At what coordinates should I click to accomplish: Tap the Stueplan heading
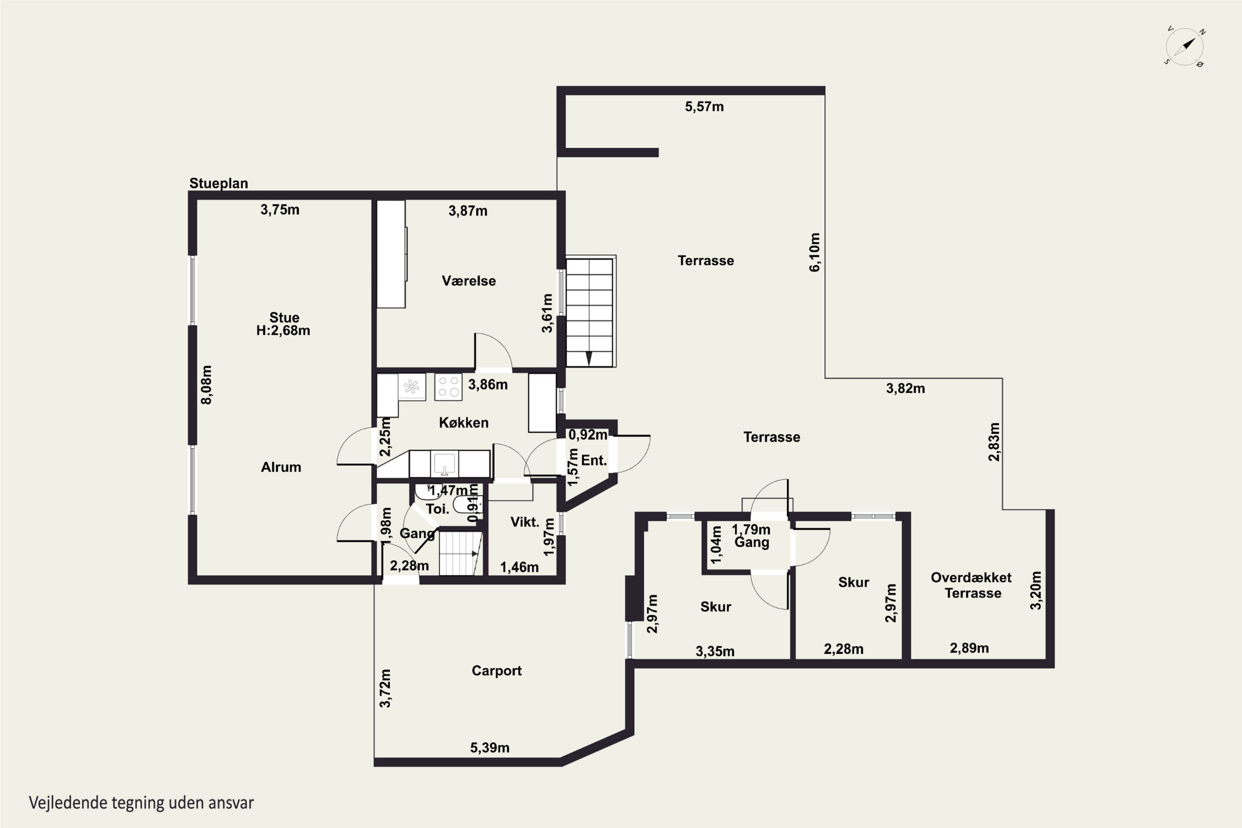[219, 183]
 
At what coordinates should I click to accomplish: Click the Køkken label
[464, 422]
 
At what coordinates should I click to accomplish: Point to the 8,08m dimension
[207, 385]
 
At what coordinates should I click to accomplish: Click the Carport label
[496, 671]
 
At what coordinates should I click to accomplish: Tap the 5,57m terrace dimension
[705, 107]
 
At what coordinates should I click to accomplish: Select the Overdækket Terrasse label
[972, 585]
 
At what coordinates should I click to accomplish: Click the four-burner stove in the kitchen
[448, 387]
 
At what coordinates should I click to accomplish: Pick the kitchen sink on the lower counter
[444, 464]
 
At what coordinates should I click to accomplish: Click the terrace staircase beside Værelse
[590, 312]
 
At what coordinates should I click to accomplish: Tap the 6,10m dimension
[815, 253]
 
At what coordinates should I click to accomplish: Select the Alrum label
[281, 467]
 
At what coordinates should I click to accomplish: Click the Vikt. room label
[525, 522]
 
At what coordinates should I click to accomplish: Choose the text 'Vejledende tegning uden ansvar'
[142, 803]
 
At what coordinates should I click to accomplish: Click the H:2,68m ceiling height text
[283, 330]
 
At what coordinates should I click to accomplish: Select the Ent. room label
[594, 460]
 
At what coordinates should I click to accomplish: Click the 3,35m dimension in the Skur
[715, 652]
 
